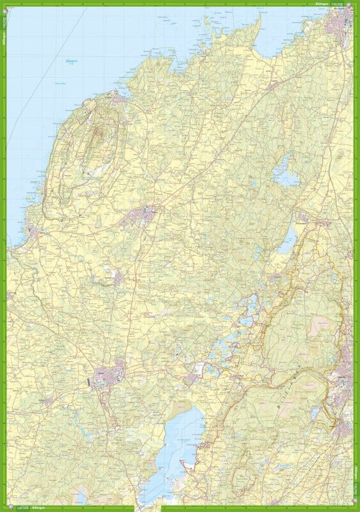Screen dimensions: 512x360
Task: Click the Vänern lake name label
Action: coord(70,63)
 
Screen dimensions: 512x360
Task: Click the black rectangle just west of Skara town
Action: coord(88,382)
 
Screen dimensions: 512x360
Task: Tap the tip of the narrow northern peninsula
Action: coord(260,18)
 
